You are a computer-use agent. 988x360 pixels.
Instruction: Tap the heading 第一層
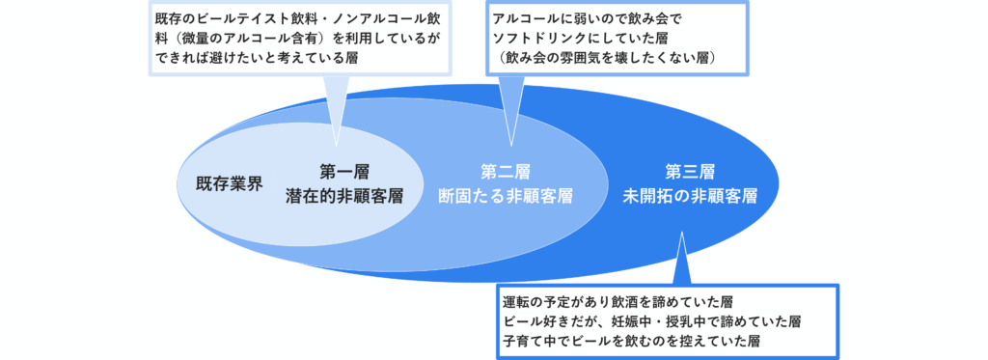pos(344,172)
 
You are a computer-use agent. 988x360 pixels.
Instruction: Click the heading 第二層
pos(506,172)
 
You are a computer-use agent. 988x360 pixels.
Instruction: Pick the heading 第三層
pos(690,172)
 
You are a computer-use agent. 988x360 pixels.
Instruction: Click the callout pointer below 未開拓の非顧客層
pos(680,259)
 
